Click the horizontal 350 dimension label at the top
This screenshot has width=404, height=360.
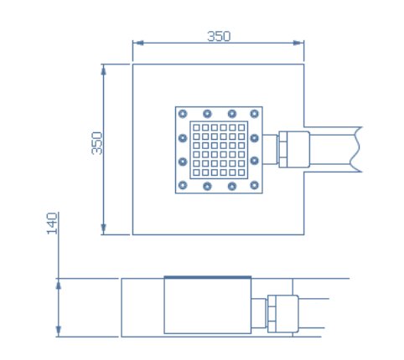219,36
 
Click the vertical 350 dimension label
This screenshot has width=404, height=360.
97,143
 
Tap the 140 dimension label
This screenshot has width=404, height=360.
52,224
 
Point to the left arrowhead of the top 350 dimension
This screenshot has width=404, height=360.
138,43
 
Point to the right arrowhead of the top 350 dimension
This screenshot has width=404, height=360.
298,43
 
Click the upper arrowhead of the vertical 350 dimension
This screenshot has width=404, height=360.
104,69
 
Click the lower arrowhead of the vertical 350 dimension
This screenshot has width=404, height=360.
104,229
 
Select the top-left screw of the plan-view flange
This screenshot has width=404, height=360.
183,114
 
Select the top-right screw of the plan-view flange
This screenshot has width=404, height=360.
254,114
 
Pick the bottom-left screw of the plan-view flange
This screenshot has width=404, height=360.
183,185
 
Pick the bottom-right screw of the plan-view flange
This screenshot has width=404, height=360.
254,185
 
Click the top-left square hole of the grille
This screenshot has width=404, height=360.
196,127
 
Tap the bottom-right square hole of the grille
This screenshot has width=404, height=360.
241,172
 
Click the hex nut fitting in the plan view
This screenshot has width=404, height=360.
282,150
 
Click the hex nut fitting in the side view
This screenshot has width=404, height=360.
272,314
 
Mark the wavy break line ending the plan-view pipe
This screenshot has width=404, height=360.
355,149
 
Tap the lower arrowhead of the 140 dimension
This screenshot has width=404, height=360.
59,332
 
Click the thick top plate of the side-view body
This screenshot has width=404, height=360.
208,277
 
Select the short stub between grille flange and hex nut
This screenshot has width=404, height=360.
270,150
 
